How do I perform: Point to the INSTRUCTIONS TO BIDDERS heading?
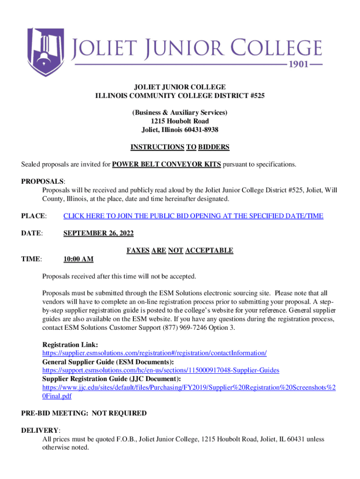180,147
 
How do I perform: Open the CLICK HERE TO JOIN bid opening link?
193,216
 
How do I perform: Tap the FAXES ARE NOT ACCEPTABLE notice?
180,251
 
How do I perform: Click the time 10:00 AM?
79,259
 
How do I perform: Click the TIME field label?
31,259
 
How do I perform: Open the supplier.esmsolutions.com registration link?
154,353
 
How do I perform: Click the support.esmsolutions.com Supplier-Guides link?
161,370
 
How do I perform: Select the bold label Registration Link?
70,344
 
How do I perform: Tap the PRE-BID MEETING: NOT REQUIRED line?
84,413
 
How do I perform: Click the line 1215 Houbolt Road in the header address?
180,121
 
